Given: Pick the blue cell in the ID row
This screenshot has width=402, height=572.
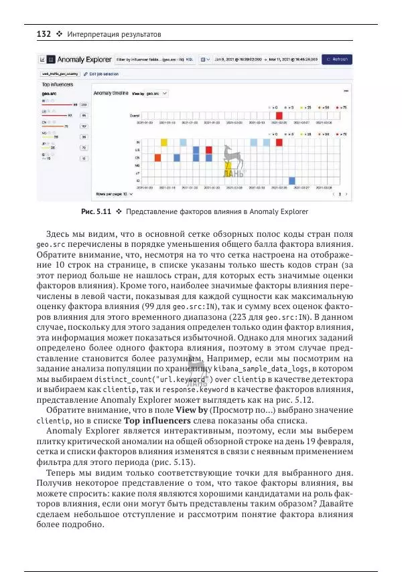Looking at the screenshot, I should [x=291, y=181].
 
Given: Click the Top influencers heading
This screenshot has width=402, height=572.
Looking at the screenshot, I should [x=58, y=85].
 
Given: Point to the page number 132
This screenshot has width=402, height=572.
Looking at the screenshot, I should [x=34, y=34].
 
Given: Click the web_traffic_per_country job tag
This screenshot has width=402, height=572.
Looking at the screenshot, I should [x=60, y=74].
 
